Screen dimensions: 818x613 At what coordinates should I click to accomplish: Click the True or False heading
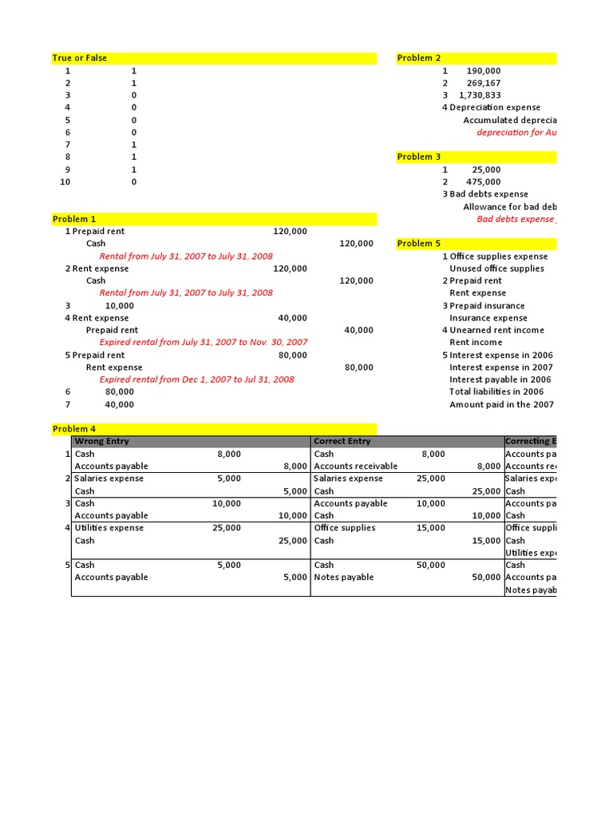coord(79,58)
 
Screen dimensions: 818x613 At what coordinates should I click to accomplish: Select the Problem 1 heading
coord(74,219)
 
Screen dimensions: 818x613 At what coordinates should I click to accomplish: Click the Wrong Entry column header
coord(101,441)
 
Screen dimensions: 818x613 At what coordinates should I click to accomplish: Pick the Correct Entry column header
coord(342,441)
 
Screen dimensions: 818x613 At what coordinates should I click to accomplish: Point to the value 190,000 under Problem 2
coord(484,71)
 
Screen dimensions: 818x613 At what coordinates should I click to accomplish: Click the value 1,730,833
coord(480,95)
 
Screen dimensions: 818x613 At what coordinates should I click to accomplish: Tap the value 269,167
coord(484,83)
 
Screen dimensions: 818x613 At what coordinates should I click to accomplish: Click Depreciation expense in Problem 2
coord(495,108)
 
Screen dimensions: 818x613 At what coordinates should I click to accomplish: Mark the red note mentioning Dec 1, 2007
coord(196,379)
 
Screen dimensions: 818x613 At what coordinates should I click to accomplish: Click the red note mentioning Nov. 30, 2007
coord(203,342)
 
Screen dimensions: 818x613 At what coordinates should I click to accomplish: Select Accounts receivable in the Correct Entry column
coord(355,467)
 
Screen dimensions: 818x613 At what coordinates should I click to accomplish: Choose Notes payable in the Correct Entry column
coord(343,578)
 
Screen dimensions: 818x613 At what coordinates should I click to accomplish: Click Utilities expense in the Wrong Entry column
coord(109,528)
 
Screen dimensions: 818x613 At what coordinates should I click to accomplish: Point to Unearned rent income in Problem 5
coord(496,330)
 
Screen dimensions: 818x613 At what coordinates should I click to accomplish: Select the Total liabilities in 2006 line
coord(496,391)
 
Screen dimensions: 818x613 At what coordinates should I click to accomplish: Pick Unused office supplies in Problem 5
coord(496,268)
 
